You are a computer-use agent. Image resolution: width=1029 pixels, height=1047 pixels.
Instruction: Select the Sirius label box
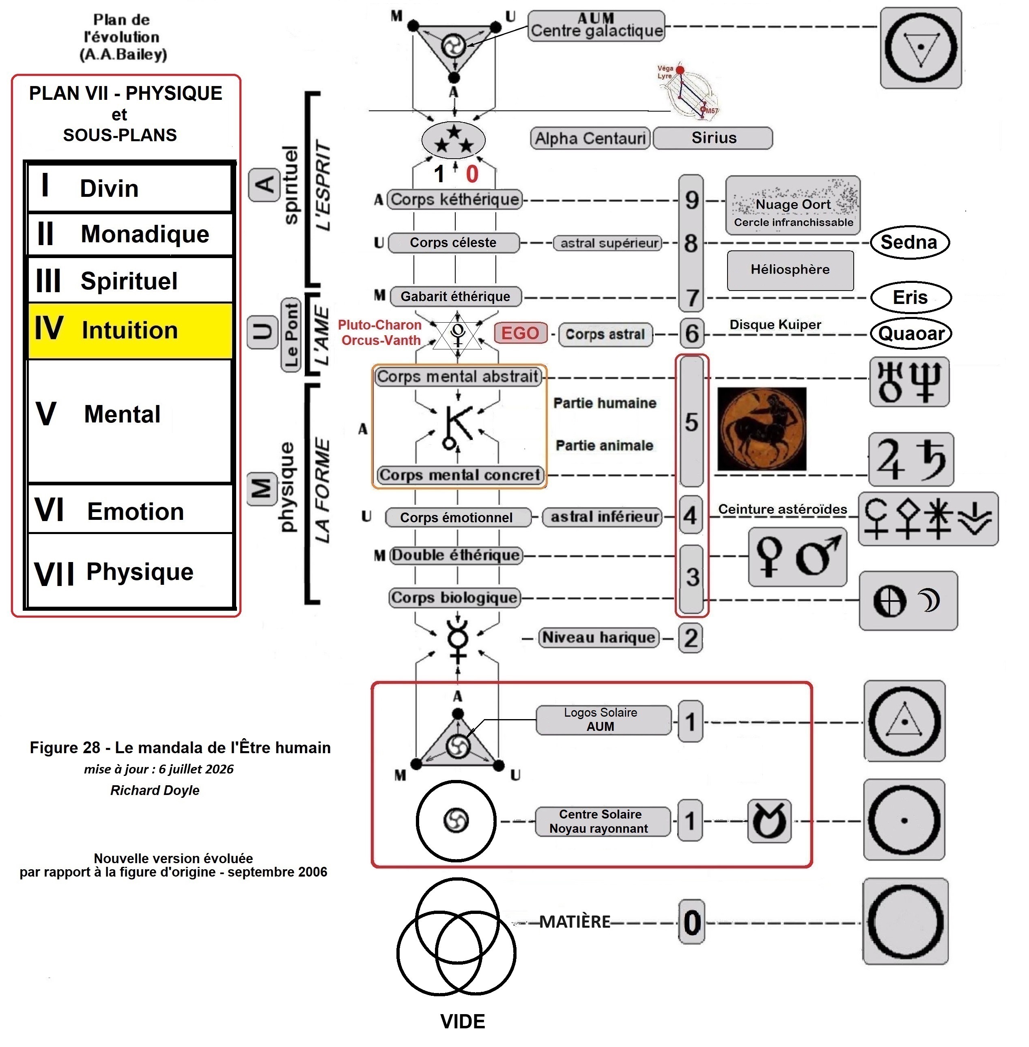[713, 138]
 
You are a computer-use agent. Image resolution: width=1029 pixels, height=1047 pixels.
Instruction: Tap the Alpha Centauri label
[590, 138]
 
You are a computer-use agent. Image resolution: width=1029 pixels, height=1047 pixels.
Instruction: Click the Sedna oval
[910, 242]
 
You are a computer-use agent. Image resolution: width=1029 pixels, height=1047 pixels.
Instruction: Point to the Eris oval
[911, 297]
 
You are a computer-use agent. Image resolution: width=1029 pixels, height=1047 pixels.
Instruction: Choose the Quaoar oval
[911, 334]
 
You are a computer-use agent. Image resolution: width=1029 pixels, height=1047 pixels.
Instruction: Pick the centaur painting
[762, 429]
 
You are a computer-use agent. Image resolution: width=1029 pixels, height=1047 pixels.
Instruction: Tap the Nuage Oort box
[793, 205]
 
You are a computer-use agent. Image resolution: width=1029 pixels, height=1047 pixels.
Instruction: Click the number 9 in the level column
[692, 200]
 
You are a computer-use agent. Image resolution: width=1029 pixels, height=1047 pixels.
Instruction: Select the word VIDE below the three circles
[463, 1021]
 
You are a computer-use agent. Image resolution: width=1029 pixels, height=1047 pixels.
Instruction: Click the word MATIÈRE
[575, 922]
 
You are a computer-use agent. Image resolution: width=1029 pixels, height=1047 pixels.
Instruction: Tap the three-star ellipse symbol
[453, 140]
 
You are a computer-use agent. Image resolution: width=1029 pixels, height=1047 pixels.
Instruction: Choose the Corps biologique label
[454, 598]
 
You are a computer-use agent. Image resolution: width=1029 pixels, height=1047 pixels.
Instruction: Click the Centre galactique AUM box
[596, 26]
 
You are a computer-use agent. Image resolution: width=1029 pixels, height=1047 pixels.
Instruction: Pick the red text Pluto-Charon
[380, 325]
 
